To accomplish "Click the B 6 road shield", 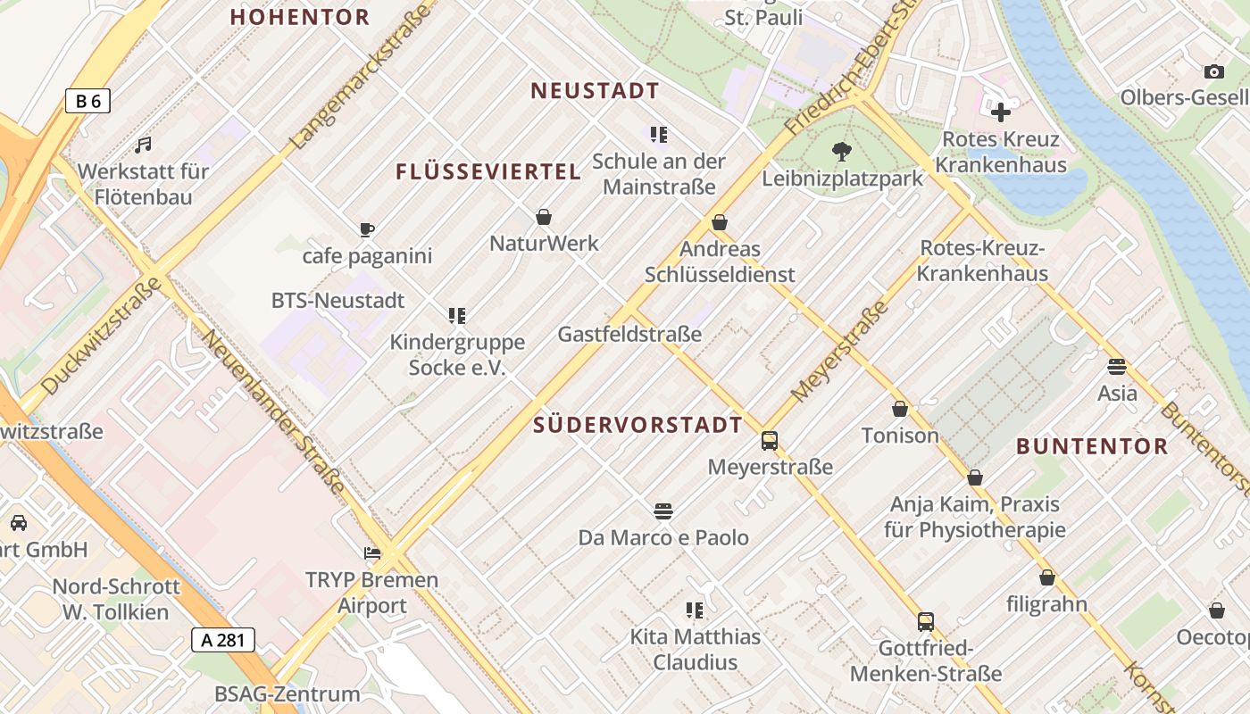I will point(87,101).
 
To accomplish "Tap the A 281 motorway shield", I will point(223,639).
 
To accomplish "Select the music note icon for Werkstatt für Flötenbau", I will point(143,145).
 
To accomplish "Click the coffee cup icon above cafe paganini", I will point(366,229).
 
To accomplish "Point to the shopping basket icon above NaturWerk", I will point(543,217).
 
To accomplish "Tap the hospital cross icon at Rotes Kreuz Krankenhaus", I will point(1001,112).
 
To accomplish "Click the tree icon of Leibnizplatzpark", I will point(841,152).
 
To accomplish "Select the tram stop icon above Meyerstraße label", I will point(769,440).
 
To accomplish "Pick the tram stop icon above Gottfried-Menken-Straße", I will point(926,622).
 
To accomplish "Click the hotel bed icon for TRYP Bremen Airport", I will point(372,553).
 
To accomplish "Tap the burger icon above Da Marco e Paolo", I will point(662,511).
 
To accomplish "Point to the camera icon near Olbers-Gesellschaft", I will point(1213,71).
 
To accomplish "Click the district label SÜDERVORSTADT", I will point(637,426).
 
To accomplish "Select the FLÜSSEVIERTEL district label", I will point(488,172).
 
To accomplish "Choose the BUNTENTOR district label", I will point(1092,446).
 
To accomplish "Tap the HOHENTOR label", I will point(300,17).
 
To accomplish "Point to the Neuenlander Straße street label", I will point(272,411).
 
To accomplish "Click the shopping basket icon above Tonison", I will point(900,409).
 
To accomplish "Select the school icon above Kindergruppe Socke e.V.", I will point(457,315).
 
